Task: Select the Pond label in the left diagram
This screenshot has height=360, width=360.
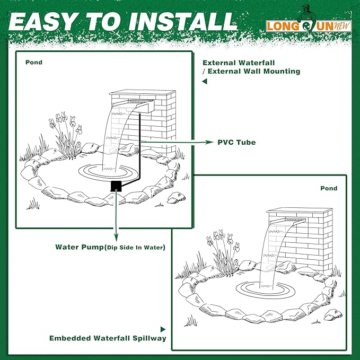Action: [34, 63]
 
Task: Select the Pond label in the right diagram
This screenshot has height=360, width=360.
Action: [329, 188]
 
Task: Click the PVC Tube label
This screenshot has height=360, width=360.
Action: [236, 143]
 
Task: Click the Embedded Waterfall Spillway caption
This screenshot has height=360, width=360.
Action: [108, 338]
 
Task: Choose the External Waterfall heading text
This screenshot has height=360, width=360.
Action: [231, 62]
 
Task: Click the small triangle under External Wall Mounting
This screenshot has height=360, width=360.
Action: [204, 82]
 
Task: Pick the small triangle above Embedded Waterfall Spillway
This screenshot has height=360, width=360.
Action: [163, 329]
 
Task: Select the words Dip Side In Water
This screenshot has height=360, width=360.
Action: [135, 248]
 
